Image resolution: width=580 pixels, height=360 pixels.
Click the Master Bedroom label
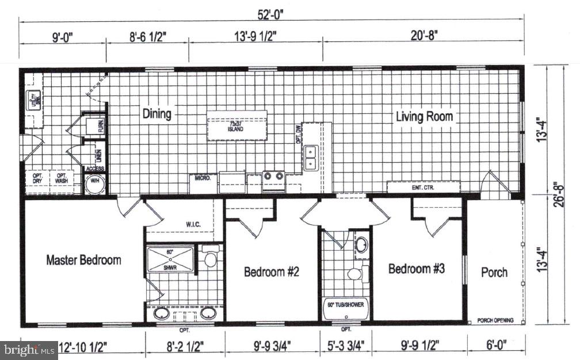point(83,260)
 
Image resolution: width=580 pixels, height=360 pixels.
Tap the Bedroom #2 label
point(271,272)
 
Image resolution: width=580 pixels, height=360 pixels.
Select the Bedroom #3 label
point(416,269)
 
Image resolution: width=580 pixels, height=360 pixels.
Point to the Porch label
point(494,272)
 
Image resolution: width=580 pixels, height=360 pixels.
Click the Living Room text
point(424,117)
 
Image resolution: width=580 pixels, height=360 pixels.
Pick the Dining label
point(157,114)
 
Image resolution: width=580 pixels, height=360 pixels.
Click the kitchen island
point(236,125)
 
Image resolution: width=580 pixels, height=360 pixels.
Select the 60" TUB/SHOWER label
point(346,305)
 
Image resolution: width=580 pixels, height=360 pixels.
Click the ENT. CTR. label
point(423,187)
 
